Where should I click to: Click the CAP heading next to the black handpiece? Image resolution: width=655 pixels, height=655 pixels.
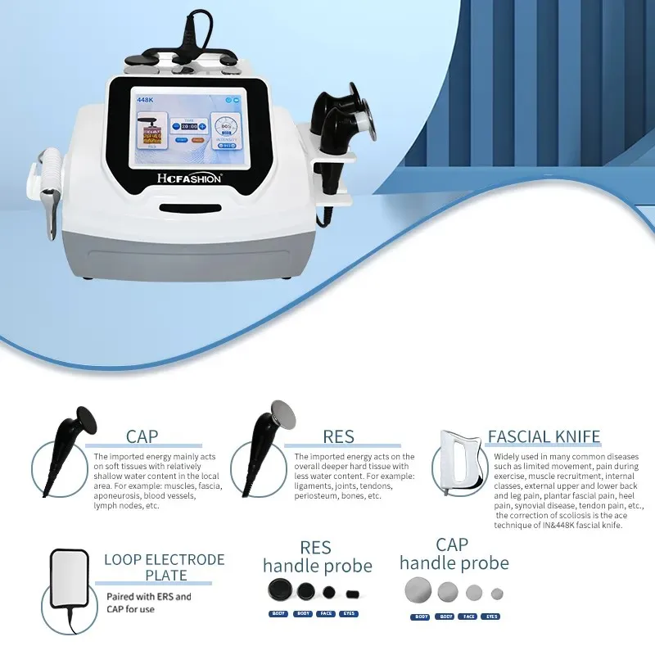[142, 437]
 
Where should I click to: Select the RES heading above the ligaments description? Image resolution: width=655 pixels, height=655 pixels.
[337, 437]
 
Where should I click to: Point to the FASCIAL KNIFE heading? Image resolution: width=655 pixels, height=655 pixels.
[544, 436]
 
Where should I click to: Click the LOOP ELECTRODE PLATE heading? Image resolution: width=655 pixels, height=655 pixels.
[164, 567]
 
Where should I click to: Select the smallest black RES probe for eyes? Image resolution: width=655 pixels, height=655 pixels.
[352, 593]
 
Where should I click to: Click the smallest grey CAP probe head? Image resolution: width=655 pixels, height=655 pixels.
[496, 593]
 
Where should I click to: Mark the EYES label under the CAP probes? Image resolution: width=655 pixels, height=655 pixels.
[490, 617]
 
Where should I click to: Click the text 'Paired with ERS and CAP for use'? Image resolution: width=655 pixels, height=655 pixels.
[148, 603]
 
